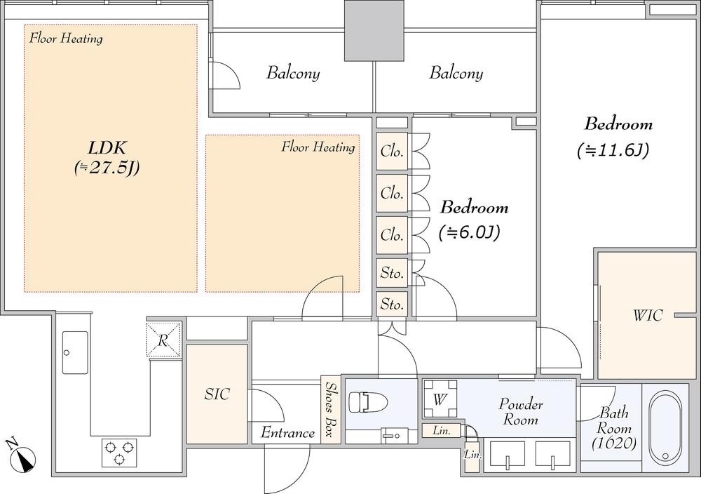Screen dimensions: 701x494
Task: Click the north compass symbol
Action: coord(20,456)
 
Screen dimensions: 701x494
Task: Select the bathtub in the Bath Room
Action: coord(665,427)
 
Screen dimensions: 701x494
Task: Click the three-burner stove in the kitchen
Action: coord(119,453)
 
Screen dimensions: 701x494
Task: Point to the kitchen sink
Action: coord(75,352)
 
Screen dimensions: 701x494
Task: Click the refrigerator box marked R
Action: coord(163,340)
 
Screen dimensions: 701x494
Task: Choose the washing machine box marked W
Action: coord(440,399)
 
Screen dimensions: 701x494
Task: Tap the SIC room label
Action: coord(217,394)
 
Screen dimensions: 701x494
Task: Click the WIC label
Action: coord(648,316)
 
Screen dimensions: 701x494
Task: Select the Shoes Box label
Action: coord(332,409)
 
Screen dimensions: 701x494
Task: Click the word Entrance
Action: coord(287,433)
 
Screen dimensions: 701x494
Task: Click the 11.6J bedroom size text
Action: coord(613,151)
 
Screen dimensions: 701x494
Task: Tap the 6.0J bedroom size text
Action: coord(469,232)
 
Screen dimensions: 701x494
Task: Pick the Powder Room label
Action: coord(520,412)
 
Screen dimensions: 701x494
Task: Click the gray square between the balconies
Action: coord(374,30)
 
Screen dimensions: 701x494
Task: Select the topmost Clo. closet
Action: coord(392,152)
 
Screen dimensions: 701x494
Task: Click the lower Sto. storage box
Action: coord(392,305)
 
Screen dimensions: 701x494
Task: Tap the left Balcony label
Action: coord(293,73)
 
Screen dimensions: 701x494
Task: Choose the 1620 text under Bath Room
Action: coord(614,444)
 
